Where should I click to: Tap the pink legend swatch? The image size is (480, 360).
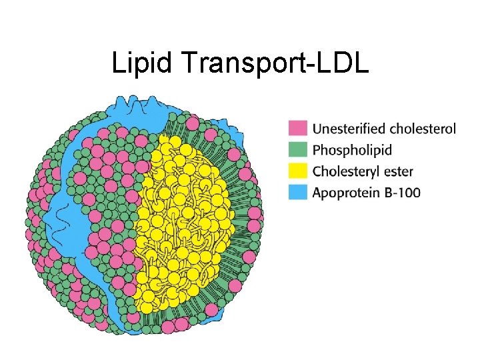(297, 128)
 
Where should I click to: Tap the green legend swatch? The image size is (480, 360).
(297, 149)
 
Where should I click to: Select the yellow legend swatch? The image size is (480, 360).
(297, 171)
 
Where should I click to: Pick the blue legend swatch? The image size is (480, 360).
(297, 193)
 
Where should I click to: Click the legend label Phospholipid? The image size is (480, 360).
(352, 149)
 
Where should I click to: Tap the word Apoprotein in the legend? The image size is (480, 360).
(347, 193)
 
